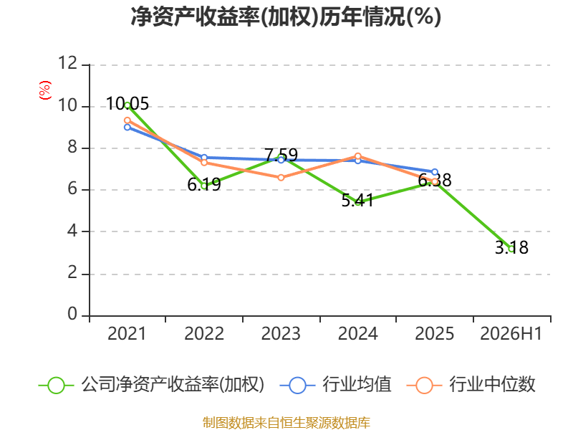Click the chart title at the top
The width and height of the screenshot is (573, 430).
(286, 16)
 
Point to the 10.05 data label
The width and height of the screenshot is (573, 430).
(127, 103)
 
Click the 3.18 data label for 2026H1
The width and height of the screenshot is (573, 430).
(511, 247)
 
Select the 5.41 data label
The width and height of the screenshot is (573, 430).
(357, 200)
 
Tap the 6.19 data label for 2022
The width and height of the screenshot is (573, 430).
(204, 184)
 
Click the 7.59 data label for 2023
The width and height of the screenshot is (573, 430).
(281, 155)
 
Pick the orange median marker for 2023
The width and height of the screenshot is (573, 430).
(281, 178)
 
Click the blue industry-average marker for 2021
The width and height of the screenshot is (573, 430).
(127, 128)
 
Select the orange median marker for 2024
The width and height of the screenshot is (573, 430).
(357, 156)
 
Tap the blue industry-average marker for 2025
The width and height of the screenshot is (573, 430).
(435, 172)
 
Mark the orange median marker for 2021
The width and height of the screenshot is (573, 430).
(127, 120)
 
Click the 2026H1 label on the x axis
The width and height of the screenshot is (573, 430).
(511, 333)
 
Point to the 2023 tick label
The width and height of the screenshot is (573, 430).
(281, 333)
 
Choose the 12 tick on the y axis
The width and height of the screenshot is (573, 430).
(68, 63)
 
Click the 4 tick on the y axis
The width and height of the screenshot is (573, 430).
(72, 231)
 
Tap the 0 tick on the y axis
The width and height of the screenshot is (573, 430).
(72, 314)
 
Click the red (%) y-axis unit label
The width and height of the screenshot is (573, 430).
(45, 90)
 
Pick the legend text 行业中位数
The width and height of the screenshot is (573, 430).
(492, 385)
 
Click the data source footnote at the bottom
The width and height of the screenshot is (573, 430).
(286, 423)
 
